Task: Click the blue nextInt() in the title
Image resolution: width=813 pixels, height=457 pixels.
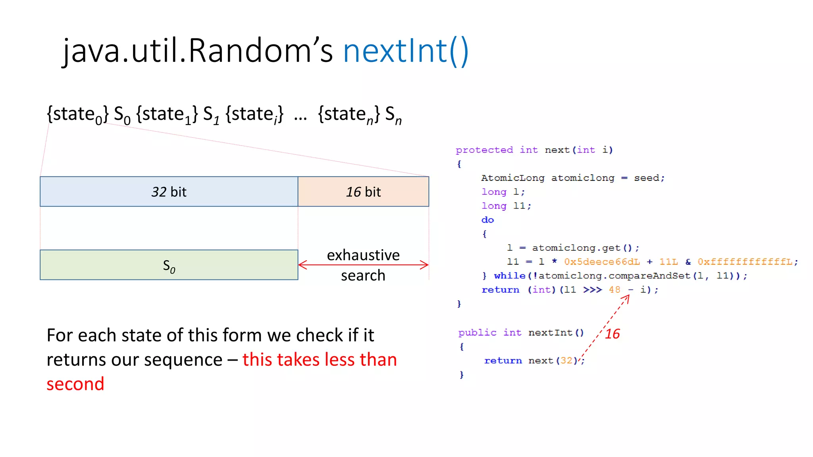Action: [x=406, y=51]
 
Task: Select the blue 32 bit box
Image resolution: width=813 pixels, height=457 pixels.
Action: [x=169, y=192]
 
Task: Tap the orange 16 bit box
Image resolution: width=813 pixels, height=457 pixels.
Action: [x=363, y=192]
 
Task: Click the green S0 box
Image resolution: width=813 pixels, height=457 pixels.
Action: [x=169, y=265]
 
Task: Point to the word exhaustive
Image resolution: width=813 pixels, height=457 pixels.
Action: [x=363, y=255]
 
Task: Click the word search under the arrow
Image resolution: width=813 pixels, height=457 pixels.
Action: [x=363, y=275]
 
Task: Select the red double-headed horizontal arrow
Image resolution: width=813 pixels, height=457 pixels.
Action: [x=363, y=265]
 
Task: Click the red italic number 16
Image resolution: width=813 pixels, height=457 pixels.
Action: [x=612, y=334]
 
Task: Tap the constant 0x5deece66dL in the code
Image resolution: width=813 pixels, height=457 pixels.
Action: [x=602, y=262]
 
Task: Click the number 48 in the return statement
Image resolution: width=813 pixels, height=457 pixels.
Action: [x=614, y=290]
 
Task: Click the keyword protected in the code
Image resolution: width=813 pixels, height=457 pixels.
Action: [x=484, y=150]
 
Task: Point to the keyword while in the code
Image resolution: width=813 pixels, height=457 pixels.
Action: [x=509, y=276]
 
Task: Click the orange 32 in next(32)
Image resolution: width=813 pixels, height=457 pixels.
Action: [x=566, y=361]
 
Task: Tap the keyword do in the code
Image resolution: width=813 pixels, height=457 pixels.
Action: [x=487, y=220]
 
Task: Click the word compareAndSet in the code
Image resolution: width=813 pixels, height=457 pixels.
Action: [x=649, y=276]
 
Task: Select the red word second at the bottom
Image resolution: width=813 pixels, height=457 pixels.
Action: [x=75, y=384]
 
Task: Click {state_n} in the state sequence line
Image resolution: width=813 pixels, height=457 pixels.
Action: [x=349, y=114]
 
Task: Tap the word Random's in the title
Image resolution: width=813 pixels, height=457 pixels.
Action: [x=260, y=51]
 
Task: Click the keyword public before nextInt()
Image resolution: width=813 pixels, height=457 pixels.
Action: [x=477, y=332]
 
